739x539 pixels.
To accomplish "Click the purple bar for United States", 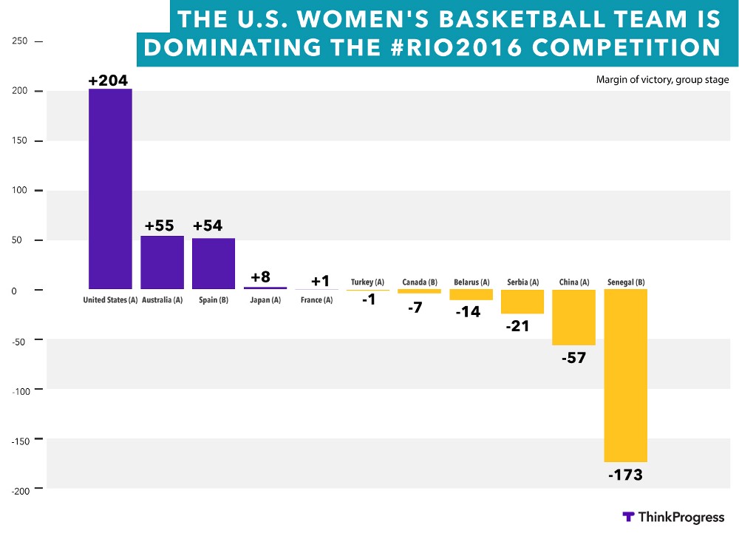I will coord(110,189).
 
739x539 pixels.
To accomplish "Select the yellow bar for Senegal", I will coord(626,375).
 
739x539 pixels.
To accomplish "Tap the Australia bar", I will coord(162,262).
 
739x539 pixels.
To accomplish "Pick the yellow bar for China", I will coord(573,317).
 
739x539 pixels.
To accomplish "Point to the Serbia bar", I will coord(522,302).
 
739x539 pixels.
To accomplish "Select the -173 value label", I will coord(625,475).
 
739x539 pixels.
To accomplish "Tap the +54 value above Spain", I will coord(213,226).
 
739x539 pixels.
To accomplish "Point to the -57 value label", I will coord(573,358).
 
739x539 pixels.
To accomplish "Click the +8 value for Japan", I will coord(260,277).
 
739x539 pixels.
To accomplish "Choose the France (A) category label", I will coord(316,300).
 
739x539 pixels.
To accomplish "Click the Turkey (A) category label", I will coord(367,282).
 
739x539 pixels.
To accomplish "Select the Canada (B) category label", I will coord(419,282).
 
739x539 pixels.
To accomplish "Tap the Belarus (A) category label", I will coord(471,282).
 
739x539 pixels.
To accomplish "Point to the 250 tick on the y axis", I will coord(20,41).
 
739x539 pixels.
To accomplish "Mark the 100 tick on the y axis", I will coord(20,191).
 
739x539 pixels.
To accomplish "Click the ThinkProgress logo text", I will coord(681,518).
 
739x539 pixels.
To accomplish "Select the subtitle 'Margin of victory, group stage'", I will coord(663,80).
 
